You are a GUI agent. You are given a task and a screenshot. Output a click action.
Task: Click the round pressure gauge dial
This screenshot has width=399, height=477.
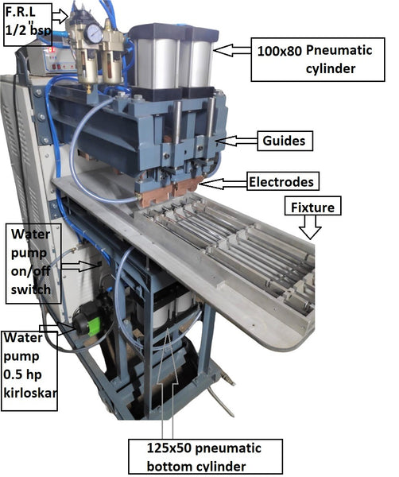pyautogui.click(x=93, y=33)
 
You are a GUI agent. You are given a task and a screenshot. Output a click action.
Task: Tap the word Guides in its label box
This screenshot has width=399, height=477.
pyautogui.click(x=284, y=141)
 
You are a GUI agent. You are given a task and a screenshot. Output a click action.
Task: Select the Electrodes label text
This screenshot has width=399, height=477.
pyautogui.click(x=281, y=182)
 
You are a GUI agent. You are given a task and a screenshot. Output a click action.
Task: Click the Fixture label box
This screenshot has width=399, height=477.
pyautogui.click(x=312, y=206)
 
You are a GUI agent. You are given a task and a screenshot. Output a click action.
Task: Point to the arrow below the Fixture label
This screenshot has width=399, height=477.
pyautogui.click(x=310, y=227)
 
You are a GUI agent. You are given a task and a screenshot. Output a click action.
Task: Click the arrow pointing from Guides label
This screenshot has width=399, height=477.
pyautogui.click(x=238, y=141)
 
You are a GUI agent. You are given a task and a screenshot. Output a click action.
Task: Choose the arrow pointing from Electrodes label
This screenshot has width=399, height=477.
pyautogui.click(x=223, y=184)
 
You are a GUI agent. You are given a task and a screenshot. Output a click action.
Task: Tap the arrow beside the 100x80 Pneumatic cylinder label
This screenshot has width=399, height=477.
pyautogui.click(x=232, y=50)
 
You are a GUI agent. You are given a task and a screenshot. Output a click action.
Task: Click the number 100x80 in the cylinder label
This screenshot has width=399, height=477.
pyautogui.click(x=280, y=51)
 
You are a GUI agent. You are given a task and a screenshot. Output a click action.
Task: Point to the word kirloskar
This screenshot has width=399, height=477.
pyautogui.click(x=29, y=393)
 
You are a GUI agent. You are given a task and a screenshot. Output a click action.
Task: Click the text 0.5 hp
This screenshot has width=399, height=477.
pyautogui.click(x=22, y=374)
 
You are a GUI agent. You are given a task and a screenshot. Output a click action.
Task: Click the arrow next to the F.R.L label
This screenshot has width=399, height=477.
pyautogui.click(x=60, y=16)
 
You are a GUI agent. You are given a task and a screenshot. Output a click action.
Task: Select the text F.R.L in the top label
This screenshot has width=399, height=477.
pyautogui.click(x=20, y=12)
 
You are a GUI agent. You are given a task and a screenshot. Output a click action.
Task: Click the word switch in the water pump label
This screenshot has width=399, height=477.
pyautogui.click(x=31, y=289)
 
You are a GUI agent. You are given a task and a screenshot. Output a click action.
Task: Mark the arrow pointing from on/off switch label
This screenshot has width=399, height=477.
pyautogui.click(x=80, y=266)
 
